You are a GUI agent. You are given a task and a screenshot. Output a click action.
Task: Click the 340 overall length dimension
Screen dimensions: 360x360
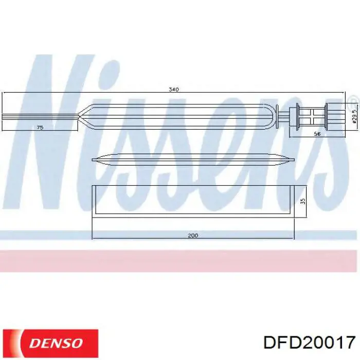pos(174,89)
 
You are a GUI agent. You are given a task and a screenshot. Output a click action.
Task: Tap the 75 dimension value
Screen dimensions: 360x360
pos(40,127)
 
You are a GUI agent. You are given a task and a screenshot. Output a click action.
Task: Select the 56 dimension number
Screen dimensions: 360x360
pos(317,134)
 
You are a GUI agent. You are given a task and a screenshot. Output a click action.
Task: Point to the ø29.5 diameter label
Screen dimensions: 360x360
pos(355,114)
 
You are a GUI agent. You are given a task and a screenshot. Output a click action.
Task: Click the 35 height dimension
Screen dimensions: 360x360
pos(303,201)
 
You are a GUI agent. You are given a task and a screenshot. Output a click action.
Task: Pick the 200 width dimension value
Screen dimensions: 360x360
pos(193,236)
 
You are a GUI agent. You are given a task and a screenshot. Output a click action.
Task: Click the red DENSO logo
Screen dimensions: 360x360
pos(50,343)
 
